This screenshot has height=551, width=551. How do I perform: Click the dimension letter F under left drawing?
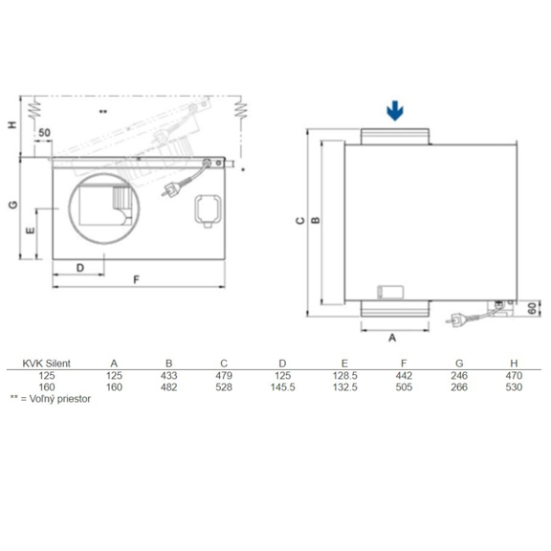click(137, 279)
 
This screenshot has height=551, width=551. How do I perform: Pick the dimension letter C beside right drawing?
click(300, 221)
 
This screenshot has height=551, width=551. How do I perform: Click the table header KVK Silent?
click(41, 364)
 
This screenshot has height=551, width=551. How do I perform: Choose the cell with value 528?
click(225, 388)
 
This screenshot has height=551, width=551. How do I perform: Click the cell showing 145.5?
click(283, 388)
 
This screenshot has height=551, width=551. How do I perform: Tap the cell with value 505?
click(403, 388)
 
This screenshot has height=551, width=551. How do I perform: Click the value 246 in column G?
click(460, 377)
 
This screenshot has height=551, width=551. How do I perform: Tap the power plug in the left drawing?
click(174, 187)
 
